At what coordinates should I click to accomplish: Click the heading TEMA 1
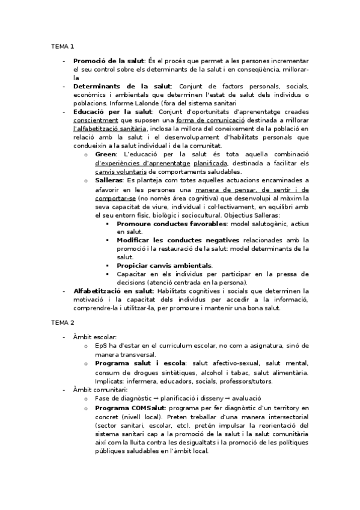point(63,46)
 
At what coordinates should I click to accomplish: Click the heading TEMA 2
point(63,322)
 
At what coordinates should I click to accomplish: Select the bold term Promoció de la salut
point(108,61)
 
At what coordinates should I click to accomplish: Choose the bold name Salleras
point(109,180)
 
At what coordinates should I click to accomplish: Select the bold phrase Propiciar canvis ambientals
point(164,265)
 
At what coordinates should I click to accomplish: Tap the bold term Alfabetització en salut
point(112,290)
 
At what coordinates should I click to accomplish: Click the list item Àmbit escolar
point(95,337)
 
